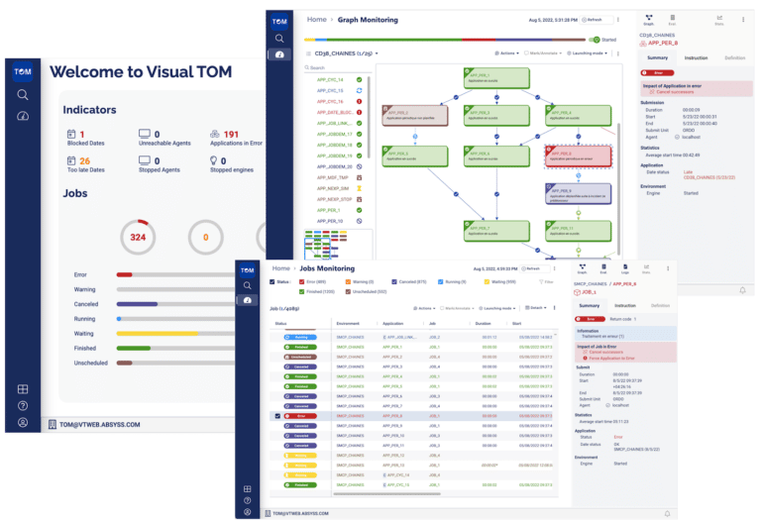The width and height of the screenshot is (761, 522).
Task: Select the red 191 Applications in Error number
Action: [231, 135]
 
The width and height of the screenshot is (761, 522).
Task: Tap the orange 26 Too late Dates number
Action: [85, 160]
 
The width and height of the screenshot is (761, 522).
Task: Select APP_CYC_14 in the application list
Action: [330, 79]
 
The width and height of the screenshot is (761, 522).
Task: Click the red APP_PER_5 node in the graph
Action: [572, 155]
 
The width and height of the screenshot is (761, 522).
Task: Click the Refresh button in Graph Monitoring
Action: [595, 19]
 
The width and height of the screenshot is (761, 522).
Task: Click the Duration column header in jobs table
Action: [484, 322]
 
